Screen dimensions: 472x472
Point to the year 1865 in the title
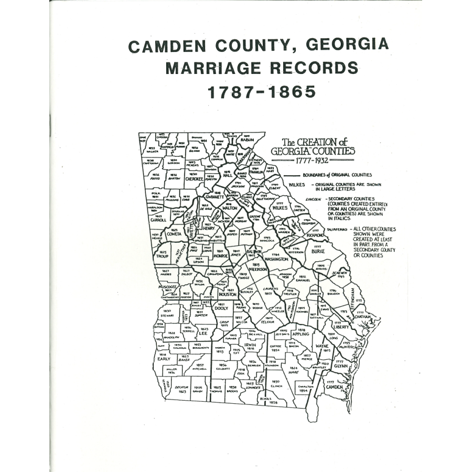tap(291, 92)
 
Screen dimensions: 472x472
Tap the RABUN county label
tap(246, 140)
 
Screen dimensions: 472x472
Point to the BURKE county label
tap(318, 251)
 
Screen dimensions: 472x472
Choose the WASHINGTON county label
tap(276, 259)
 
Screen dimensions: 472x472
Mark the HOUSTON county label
tap(227, 295)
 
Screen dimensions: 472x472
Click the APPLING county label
tap(301, 334)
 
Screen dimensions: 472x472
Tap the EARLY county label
tap(164, 359)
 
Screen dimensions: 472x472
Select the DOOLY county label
tap(221, 308)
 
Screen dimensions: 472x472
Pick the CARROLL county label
tap(158, 220)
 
